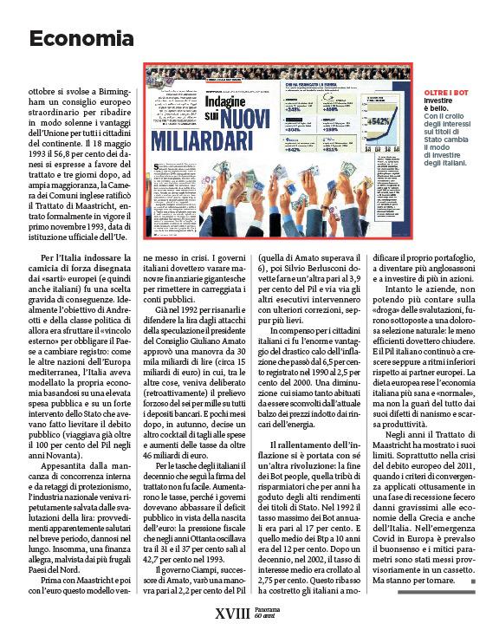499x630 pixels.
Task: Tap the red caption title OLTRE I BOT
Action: click(446, 93)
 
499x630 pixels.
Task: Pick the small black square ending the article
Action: click(472, 581)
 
